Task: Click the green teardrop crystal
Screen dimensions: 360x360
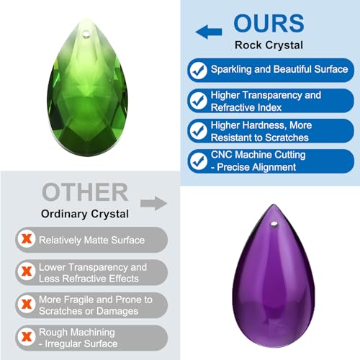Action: (89, 94)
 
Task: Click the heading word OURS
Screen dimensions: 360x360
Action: (271, 24)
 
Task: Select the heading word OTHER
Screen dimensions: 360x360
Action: (84, 192)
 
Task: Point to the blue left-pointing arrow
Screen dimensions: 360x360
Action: (209, 31)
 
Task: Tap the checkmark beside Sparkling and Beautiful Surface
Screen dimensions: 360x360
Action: (197, 70)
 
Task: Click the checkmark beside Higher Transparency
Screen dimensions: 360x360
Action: (197, 100)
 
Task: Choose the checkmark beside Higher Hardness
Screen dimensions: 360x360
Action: (197, 130)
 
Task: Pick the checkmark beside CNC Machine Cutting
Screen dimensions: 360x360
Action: (197, 161)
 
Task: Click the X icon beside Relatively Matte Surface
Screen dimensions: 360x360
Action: (27, 240)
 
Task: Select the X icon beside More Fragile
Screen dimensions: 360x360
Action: (27, 305)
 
